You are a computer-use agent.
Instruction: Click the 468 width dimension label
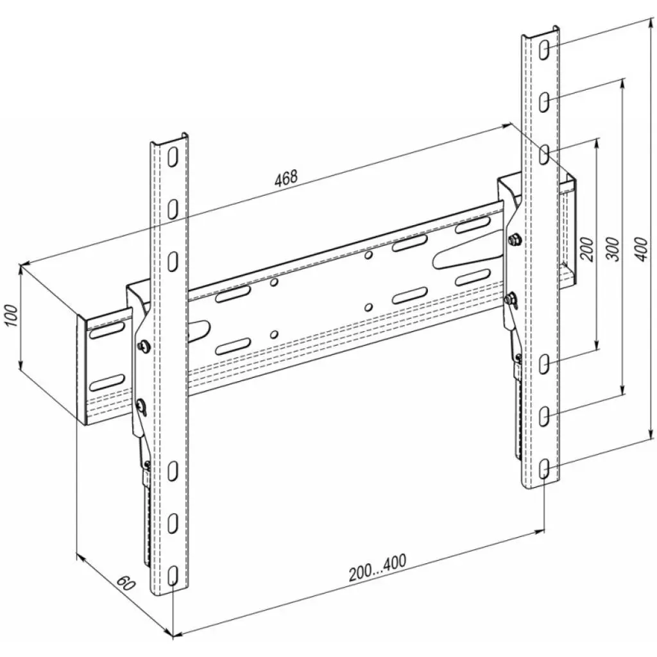click(286, 178)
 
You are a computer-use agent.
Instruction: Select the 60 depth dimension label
click(126, 583)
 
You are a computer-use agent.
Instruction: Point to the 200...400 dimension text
click(377, 568)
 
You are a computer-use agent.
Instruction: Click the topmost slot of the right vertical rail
click(544, 49)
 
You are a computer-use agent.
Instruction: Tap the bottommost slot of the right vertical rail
click(544, 468)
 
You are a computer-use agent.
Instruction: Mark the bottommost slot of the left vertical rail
click(173, 576)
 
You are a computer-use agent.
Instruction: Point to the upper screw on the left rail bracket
click(142, 345)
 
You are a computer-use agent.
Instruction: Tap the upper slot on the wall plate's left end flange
click(107, 331)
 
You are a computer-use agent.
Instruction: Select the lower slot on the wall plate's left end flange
click(107, 382)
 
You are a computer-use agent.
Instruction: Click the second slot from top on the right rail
click(544, 102)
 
